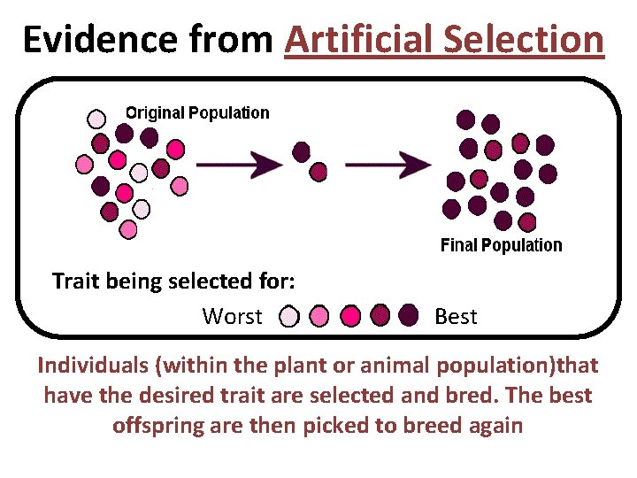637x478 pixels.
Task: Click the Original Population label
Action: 196,112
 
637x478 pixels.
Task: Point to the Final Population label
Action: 501,245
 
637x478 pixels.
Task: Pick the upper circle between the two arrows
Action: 302,151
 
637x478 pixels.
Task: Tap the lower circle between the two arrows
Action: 318,170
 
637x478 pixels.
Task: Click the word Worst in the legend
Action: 232,316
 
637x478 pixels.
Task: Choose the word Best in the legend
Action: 456,316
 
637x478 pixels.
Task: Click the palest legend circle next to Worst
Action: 289,316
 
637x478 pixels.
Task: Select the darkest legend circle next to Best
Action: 408,315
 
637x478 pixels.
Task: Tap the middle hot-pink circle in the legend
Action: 350,316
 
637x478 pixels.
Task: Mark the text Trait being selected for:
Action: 173,281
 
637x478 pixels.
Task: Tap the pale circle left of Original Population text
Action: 96,118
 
